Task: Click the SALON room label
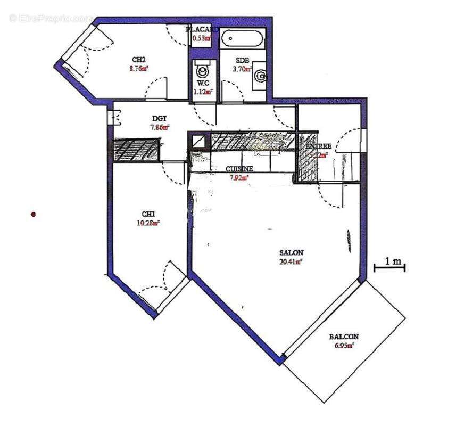tap(291, 252)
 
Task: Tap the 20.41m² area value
tap(291, 261)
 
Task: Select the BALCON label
tap(343, 337)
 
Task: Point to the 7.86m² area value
tap(160, 127)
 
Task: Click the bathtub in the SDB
tap(242, 39)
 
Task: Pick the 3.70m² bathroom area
tap(243, 69)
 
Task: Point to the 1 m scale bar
tap(389, 267)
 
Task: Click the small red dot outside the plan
tap(34, 215)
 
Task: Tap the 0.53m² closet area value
tap(202, 38)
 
